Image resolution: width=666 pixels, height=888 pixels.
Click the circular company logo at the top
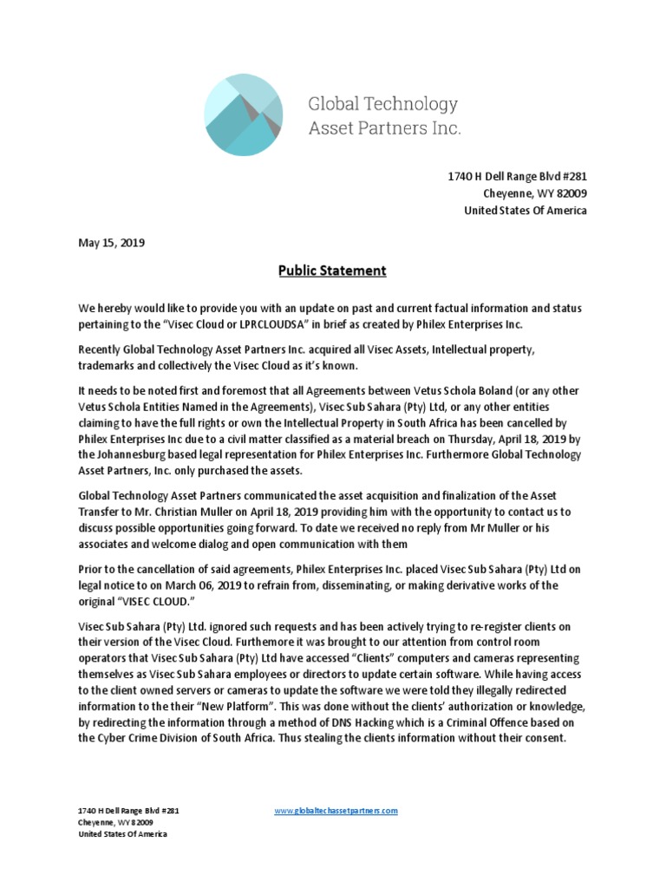tap(243, 115)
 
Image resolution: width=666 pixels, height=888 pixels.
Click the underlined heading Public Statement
tap(332, 271)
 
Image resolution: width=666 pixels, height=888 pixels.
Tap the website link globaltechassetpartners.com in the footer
tap(336, 810)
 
